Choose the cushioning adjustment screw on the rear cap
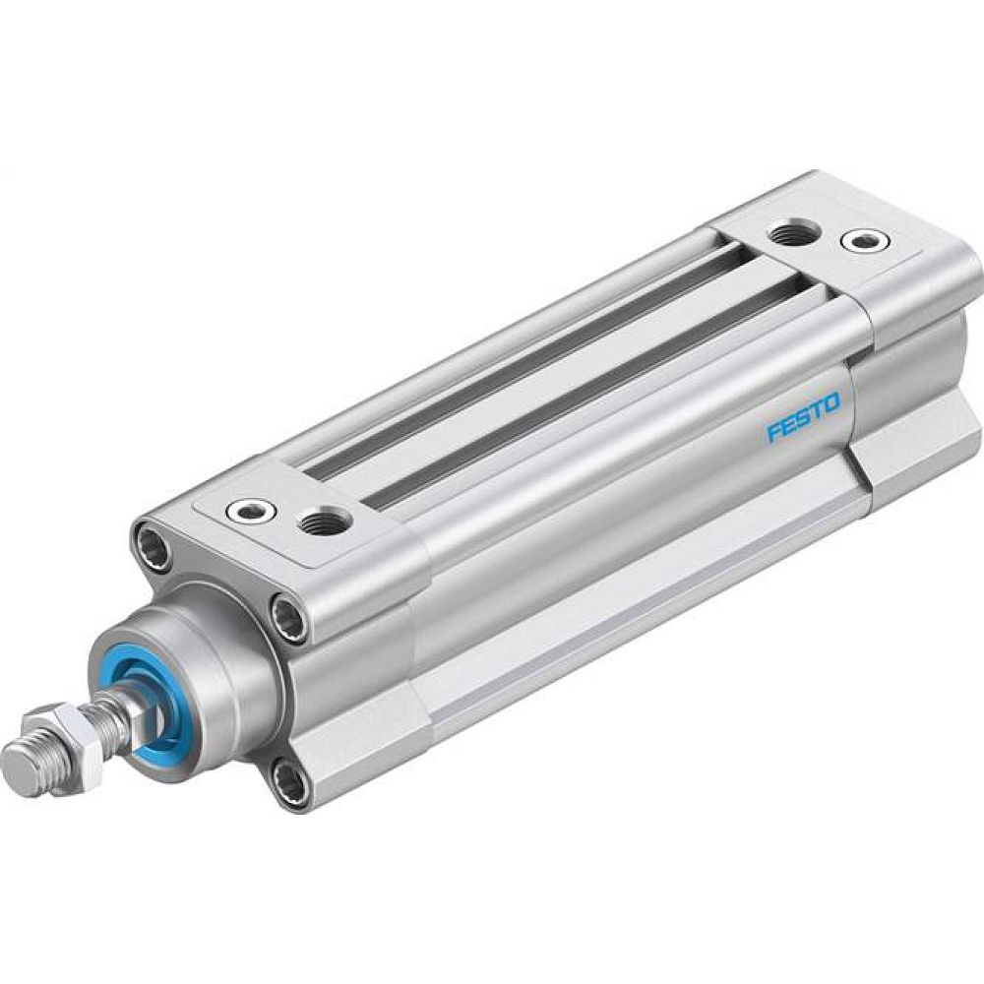[x=863, y=239]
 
